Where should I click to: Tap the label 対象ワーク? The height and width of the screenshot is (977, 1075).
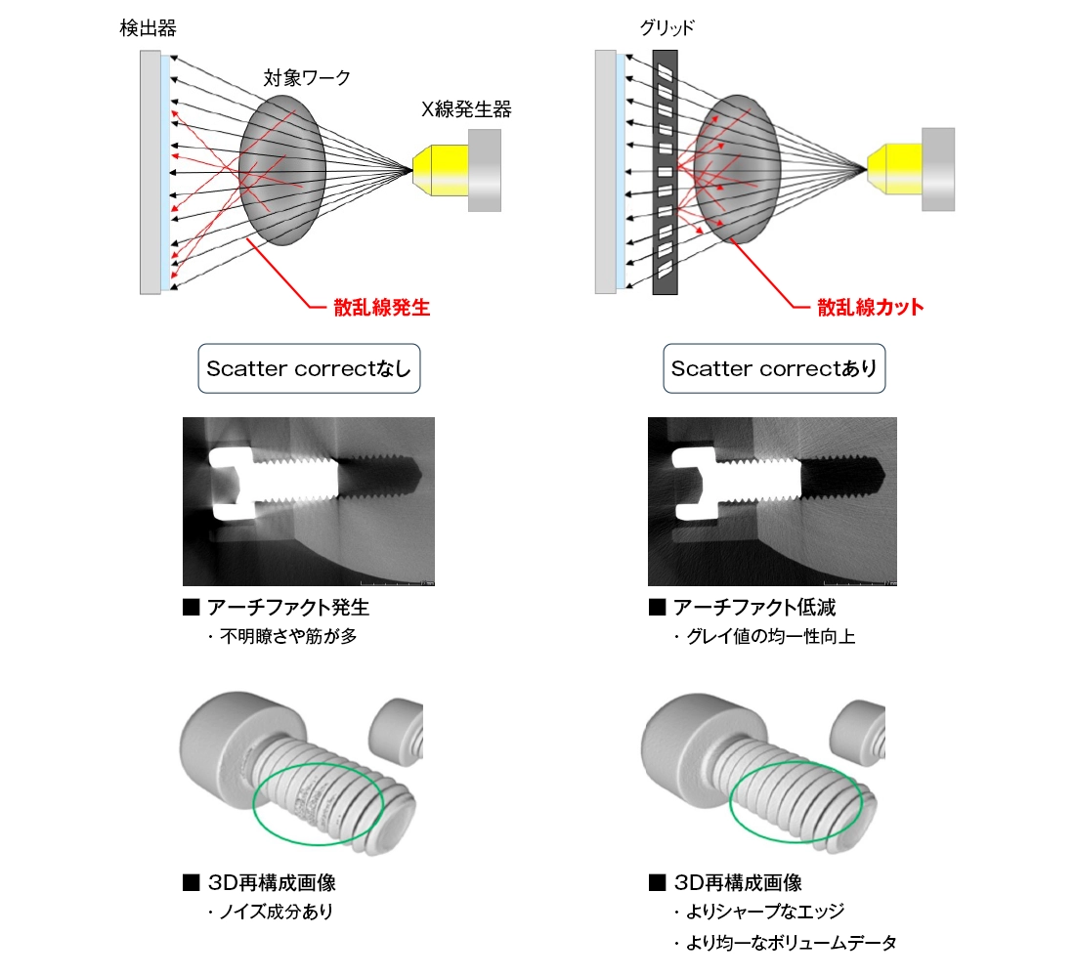click(307, 76)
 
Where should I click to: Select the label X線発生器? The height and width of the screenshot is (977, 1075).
click(466, 109)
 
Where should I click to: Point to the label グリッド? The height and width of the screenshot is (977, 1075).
click(667, 27)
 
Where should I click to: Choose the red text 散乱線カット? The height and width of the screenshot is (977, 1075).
click(870, 308)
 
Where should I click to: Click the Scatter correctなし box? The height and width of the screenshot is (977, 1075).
click(309, 368)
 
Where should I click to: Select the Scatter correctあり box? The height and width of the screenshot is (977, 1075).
click(774, 368)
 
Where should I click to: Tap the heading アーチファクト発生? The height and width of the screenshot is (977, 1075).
click(287, 608)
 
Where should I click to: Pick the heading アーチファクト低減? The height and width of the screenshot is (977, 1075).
click(752, 608)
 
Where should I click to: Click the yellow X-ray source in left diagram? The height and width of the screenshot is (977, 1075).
click(440, 169)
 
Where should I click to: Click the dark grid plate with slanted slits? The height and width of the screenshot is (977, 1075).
click(666, 171)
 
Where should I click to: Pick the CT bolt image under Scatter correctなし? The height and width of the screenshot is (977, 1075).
click(309, 501)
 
